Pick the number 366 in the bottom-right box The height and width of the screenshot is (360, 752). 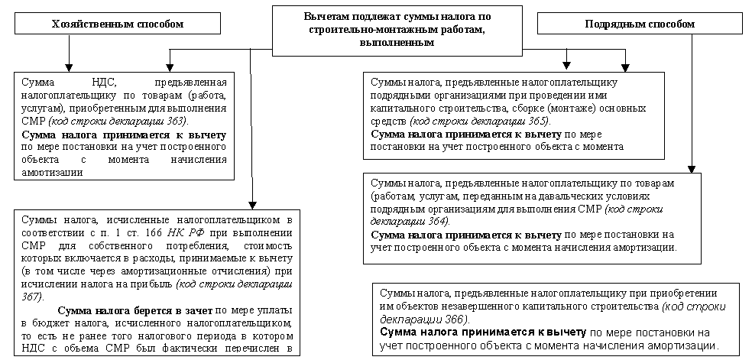456,319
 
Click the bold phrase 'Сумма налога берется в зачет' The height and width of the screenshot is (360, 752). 135,311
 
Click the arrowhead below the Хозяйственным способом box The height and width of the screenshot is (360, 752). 69,66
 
